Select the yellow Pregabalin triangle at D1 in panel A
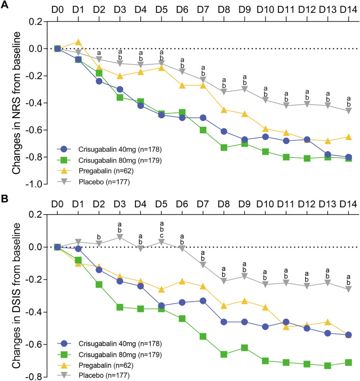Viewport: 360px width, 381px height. [78, 42]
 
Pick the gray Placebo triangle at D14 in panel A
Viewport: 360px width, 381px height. [349, 110]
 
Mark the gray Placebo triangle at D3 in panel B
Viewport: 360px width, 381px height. [120, 237]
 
